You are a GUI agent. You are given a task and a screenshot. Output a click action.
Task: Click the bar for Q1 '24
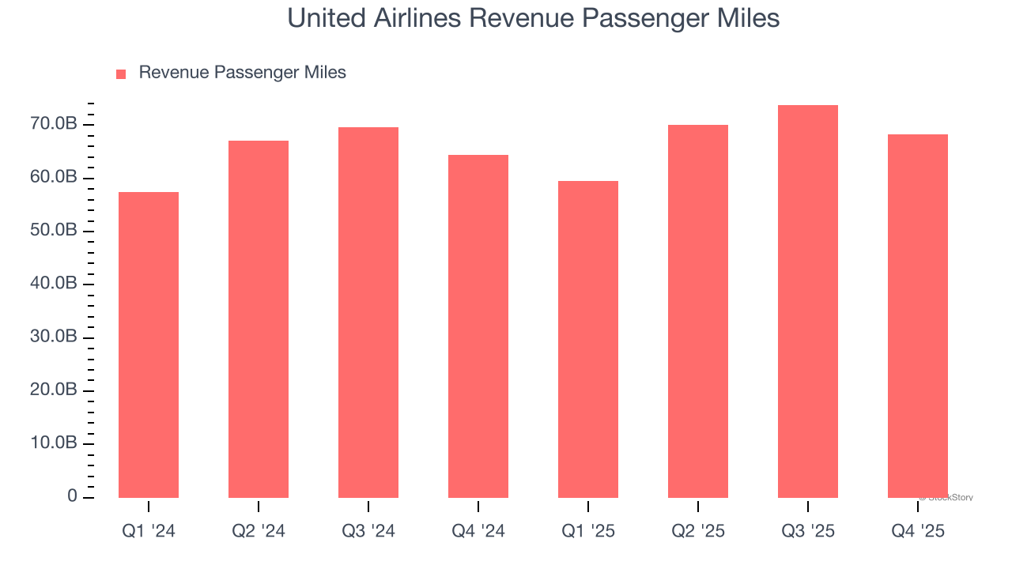point(148,345)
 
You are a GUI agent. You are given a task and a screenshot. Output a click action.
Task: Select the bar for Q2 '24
point(258,319)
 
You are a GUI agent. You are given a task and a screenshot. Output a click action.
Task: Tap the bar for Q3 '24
point(368,312)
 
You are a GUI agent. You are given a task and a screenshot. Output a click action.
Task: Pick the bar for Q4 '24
point(478,326)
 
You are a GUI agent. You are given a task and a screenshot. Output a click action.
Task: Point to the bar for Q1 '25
point(587,339)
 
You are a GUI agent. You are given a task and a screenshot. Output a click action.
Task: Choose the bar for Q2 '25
point(697,311)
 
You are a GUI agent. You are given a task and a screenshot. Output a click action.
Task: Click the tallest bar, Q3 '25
point(807,301)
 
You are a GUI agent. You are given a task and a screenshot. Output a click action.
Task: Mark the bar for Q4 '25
point(917,316)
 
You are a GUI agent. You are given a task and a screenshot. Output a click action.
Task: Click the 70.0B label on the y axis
point(55,124)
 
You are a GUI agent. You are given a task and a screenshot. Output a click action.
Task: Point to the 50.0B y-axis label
point(55,231)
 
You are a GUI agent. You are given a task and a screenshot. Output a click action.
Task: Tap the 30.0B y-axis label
point(55,337)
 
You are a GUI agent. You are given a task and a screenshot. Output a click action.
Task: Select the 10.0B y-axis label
point(55,443)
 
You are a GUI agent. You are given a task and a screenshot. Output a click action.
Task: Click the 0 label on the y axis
point(72,496)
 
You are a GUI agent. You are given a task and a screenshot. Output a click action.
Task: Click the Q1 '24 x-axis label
point(148,532)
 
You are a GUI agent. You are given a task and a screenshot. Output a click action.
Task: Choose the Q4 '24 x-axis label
point(478,532)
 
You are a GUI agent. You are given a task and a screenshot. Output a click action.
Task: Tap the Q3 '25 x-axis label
point(807,532)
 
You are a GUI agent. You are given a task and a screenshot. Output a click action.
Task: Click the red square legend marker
point(121,74)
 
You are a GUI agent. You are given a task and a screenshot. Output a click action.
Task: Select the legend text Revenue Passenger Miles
point(242,73)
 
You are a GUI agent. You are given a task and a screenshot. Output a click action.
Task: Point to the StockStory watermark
point(946,498)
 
